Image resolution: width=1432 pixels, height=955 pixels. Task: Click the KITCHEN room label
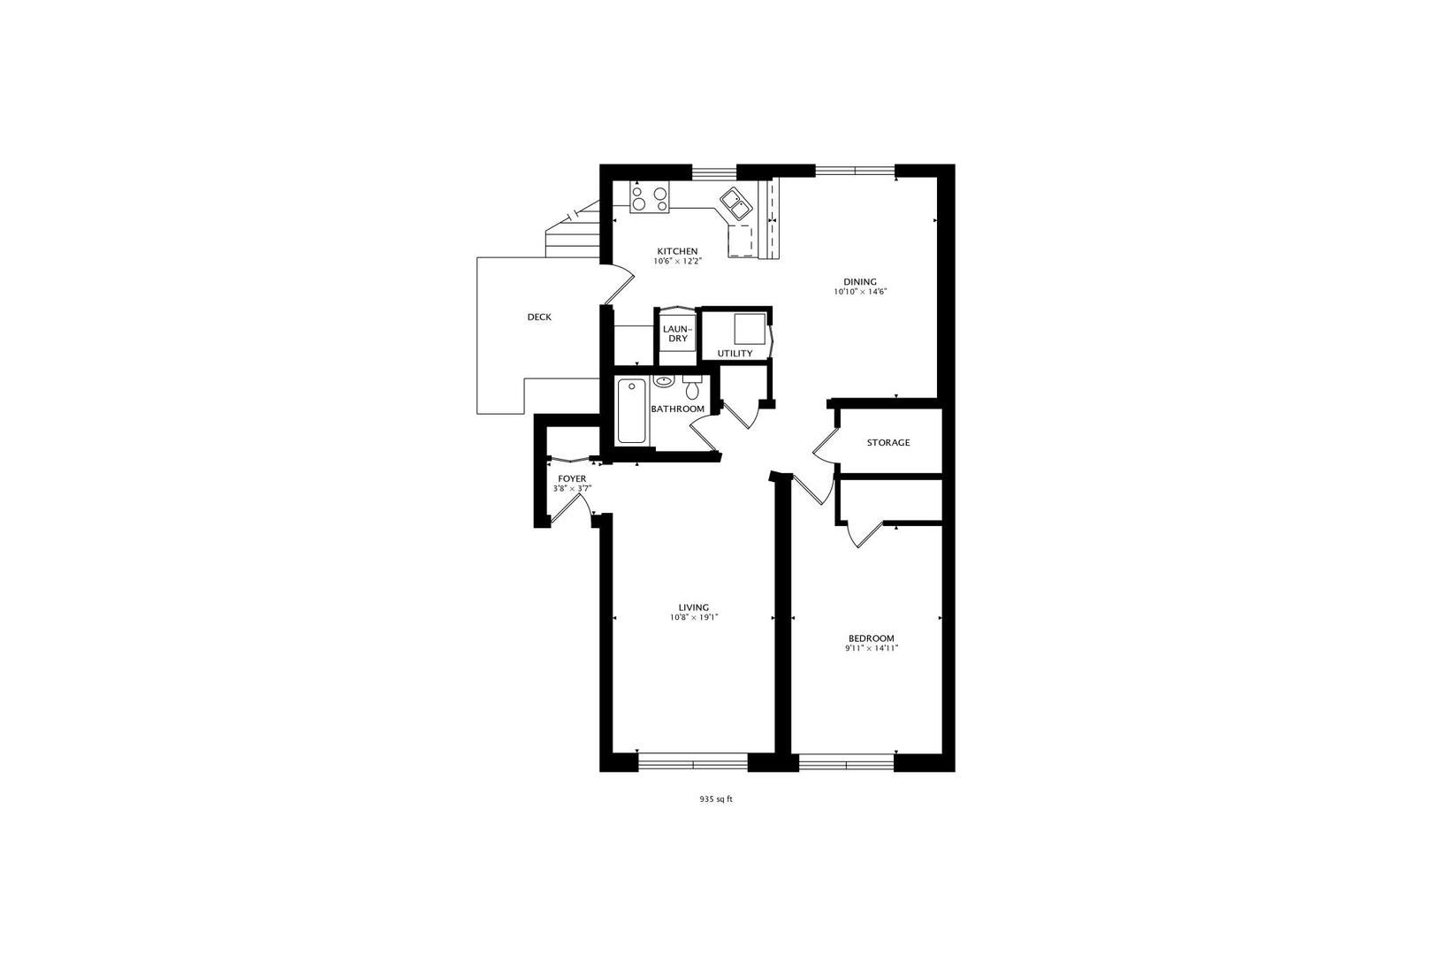[x=677, y=250]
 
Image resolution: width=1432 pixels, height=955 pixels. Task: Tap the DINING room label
[x=859, y=281]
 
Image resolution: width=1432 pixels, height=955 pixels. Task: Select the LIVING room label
[x=694, y=607]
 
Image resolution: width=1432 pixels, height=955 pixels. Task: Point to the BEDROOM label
[x=871, y=638]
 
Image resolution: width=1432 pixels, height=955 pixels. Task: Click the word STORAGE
[x=887, y=442]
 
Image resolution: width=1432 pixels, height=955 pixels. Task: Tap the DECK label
[x=539, y=317]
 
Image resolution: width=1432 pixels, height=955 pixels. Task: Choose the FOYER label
[x=572, y=478]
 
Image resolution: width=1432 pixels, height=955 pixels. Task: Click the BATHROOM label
[x=677, y=409]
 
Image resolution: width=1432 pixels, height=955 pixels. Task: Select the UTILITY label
[x=735, y=353]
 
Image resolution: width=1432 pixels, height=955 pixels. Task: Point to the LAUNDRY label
[x=677, y=333]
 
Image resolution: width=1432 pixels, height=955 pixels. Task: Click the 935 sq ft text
[x=716, y=798]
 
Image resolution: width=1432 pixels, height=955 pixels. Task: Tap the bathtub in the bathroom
[x=631, y=410]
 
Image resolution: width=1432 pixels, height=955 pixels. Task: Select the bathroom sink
[x=664, y=381]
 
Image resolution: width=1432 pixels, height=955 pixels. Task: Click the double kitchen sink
[x=735, y=202]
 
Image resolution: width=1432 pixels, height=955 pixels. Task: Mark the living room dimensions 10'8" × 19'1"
[x=694, y=618]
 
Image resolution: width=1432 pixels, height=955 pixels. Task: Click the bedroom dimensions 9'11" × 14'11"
[x=871, y=648]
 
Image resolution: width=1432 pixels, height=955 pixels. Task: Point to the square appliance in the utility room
[x=750, y=328]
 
